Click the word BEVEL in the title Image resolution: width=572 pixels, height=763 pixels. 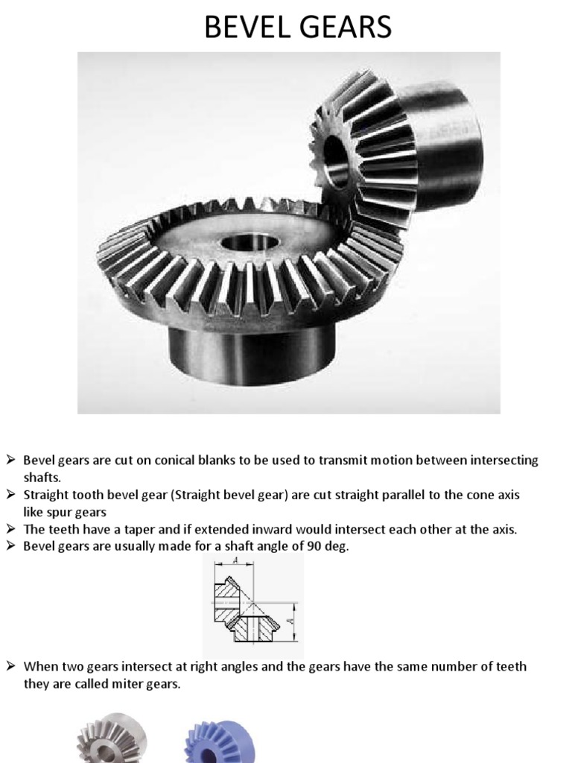click(x=245, y=28)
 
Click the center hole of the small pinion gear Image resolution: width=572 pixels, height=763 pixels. click(x=334, y=158)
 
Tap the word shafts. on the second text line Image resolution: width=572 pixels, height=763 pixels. click(x=42, y=478)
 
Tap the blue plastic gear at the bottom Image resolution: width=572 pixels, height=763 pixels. click(x=220, y=742)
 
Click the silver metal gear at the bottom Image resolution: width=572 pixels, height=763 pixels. click(x=112, y=740)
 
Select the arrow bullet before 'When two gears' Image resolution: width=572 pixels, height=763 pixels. click(x=12, y=665)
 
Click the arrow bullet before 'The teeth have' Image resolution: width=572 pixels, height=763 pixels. click(x=12, y=529)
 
